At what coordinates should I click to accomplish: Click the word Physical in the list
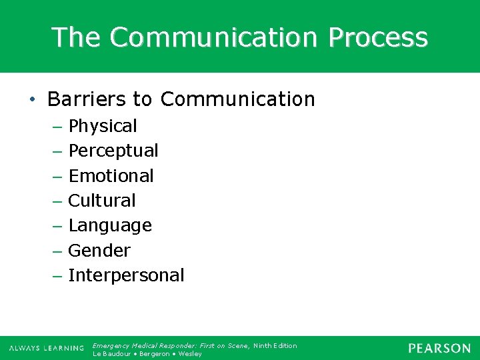(x=103, y=126)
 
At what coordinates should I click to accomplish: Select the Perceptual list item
(x=113, y=151)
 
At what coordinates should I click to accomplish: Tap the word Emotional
(x=111, y=176)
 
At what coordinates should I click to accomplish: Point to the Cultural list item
(x=102, y=201)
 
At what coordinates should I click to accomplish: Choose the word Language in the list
(x=110, y=226)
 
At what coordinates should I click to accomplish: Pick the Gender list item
(x=99, y=251)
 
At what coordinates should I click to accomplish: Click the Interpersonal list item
(x=126, y=275)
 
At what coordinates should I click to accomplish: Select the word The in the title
(x=77, y=37)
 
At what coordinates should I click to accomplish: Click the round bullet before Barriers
(x=32, y=100)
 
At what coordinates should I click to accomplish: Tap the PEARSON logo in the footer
(x=439, y=348)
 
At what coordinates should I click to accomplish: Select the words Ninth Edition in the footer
(x=275, y=345)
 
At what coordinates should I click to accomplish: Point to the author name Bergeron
(x=154, y=354)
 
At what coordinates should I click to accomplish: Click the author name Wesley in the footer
(x=189, y=354)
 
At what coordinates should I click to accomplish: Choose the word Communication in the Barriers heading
(x=237, y=99)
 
